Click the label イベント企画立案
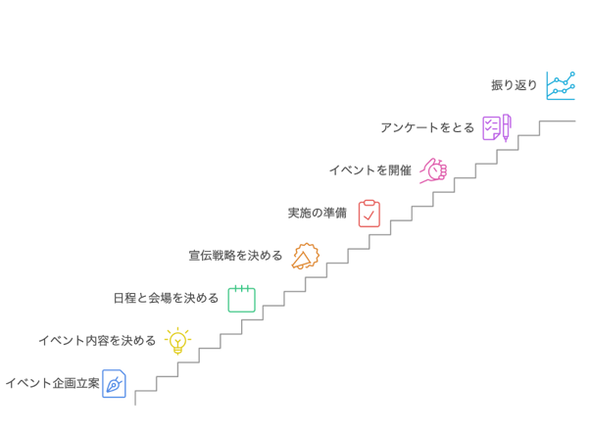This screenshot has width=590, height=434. pyautogui.click(x=52, y=383)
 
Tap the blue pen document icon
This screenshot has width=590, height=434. pyautogui.click(x=114, y=384)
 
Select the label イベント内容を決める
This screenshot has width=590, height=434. pyautogui.click(x=97, y=341)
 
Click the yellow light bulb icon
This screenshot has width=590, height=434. pyautogui.click(x=177, y=341)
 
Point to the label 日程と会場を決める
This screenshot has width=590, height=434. pyautogui.click(x=166, y=298)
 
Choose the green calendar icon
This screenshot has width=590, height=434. pyautogui.click(x=241, y=299)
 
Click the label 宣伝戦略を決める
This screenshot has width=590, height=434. pyautogui.click(x=235, y=256)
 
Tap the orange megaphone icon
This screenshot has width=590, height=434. pyautogui.click(x=305, y=256)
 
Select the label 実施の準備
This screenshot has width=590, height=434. pyautogui.click(x=318, y=214)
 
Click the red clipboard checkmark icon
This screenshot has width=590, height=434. pyautogui.click(x=369, y=214)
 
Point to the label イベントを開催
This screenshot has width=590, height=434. pyautogui.click(x=370, y=170)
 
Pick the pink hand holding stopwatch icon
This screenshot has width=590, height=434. pyautogui.click(x=433, y=170)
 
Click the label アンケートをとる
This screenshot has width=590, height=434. pyautogui.click(x=427, y=128)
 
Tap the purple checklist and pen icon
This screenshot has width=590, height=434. pyautogui.click(x=497, y=128)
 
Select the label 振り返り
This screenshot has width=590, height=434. pyautogui.click(x=514, y=85)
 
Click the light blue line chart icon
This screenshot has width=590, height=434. pyautogui.click(x=561, y=86)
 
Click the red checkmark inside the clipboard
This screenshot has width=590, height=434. pyautogui.click(x=369, y=216)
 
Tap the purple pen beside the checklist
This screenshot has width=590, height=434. pyautogui.click(x=506, y=128)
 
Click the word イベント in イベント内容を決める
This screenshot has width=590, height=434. pyautogui.click(x=62, y=341)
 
